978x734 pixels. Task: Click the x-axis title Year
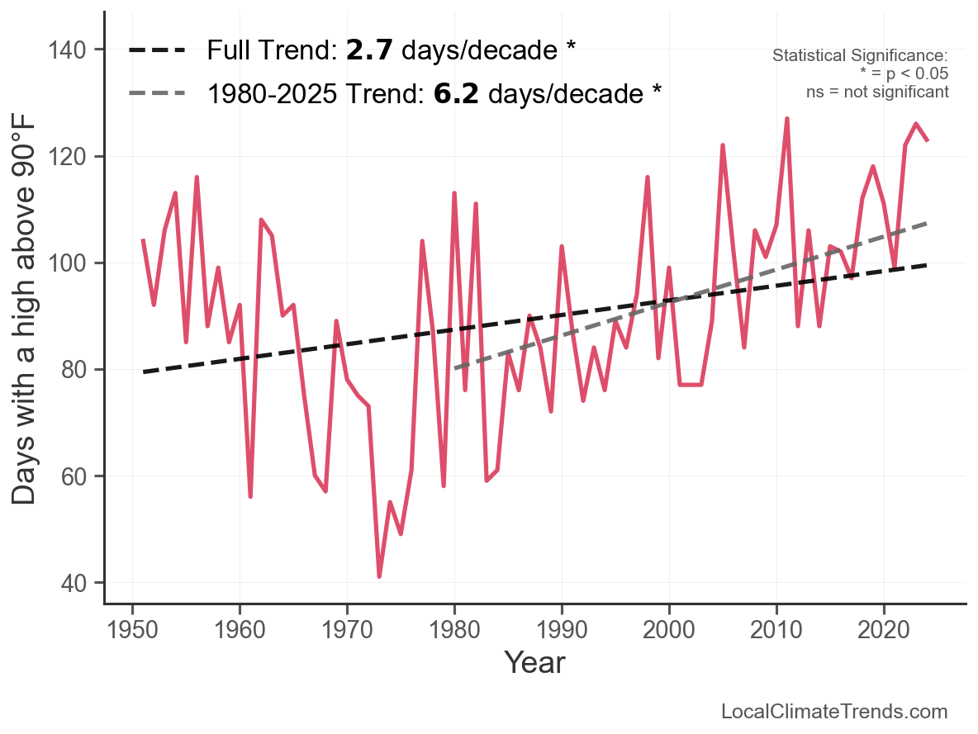[x=534, y=662]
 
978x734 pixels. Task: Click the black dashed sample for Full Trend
[x=156, y=51]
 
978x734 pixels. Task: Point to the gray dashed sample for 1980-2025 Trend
[x=156, y=94]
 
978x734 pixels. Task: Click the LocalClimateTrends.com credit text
[x=834, y=712]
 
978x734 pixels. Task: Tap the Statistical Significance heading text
[x=860, y=55]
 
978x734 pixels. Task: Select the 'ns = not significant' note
[x=877, y=92]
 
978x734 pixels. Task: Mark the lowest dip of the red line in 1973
[x=379, y=576]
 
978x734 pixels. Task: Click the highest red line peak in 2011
[x=787, y=119]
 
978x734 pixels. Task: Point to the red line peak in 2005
[x=723, y=145]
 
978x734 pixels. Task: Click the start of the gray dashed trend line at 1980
[x=455, y=368]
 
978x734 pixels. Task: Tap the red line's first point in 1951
[x=143, y=240]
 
